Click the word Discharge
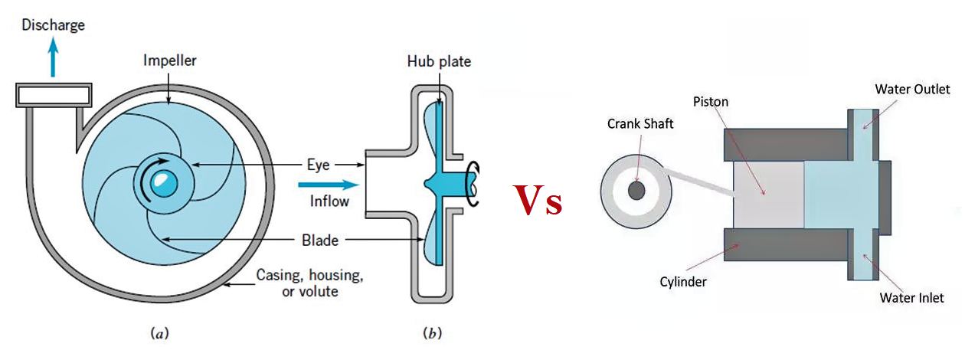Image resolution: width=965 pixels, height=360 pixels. (x=53, y=25)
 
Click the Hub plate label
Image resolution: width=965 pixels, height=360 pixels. (x=439, y=61)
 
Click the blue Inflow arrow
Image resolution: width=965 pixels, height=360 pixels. (x=329, y=185)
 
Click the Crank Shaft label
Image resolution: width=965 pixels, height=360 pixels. (x=640, y=123)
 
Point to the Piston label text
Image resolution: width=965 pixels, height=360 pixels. (x=710, y=101)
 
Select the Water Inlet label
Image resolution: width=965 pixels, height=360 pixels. (x=911, y=297)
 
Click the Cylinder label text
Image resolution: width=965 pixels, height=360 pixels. (x=683, y=281)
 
